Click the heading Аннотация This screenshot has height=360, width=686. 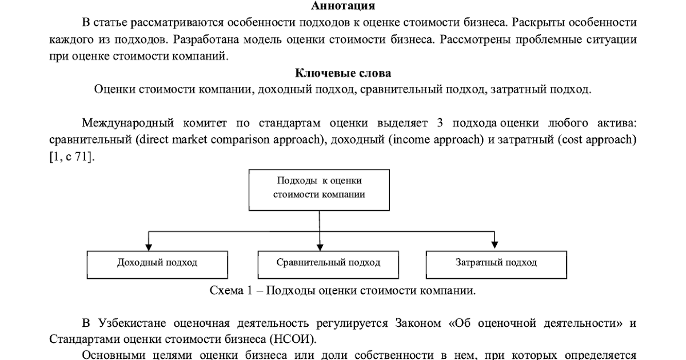coord(343,6)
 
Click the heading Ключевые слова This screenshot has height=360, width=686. coord(343,73)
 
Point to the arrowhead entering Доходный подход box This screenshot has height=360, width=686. coord(149,247)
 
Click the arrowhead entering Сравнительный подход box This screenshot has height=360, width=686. coord(320,247)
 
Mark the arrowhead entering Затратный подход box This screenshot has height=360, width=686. coord(494,245)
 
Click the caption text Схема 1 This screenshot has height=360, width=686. coord(231,290)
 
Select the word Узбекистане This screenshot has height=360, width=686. coord(132,323)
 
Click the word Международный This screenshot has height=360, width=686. coord(127,123)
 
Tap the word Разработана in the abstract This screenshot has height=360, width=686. coord(206,39)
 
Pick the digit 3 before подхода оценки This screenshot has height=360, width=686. coord(440,123)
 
